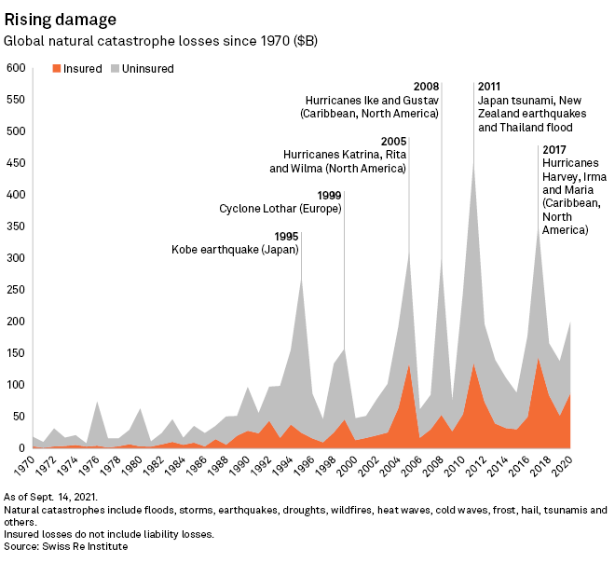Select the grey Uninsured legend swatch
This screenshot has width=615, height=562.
tap(116, 68)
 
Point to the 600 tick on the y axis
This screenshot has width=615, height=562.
tap(15, 68)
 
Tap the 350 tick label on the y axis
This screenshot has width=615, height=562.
tap(15, 226)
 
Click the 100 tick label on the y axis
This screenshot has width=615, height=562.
tap(15, 385)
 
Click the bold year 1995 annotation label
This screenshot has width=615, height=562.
tap(286, 236)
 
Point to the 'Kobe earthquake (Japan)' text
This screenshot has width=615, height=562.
tap(235, 250)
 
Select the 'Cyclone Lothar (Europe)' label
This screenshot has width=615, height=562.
tap(280, 209)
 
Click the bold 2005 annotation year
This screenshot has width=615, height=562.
tap(394, 141)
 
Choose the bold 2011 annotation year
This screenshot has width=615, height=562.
tap(491, 87)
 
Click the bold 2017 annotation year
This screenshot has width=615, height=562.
tap(555, 149)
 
